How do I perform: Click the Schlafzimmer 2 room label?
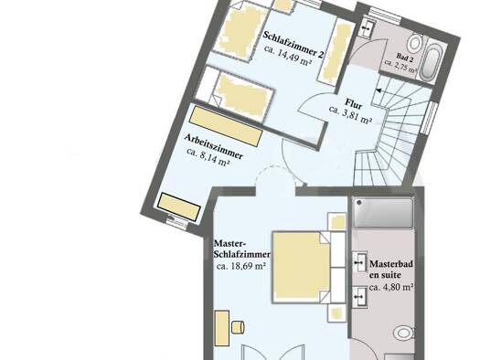coord(293,45)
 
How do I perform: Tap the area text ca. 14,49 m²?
coord(288,56)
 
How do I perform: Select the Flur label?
coord(354,103)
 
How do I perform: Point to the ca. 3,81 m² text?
coord(350,115)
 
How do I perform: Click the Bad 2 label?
coord(405,58)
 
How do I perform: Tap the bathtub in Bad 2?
coord(431,62)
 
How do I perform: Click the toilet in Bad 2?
coord(414,43)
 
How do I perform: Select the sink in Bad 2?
coord(366,27)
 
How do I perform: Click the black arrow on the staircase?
coord(379,90)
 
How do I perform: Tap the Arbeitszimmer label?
coord(213,147)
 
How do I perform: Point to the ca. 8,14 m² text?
coord(208,157)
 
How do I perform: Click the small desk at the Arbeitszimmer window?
coord(179,206)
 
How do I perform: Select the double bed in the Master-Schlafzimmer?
coord(302,268)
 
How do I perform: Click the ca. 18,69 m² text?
coord(240,266)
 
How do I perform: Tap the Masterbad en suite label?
coord(391,270)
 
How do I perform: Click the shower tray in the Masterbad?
coord(383,213)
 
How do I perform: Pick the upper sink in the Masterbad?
coord(359,262)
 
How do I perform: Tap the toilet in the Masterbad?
coord(404,333)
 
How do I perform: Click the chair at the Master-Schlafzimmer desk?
coord(238,327)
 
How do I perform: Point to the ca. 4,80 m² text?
coord(391,288)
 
